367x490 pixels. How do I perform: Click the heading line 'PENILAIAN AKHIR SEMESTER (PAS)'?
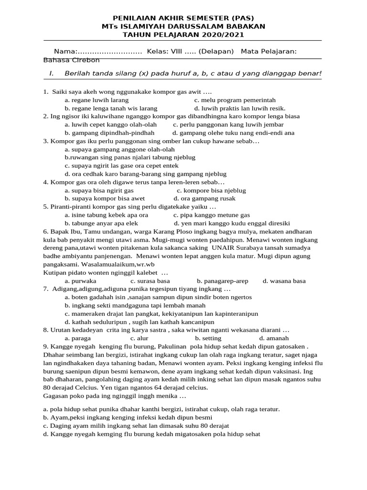pos(183,17)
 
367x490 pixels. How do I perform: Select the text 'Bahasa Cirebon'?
pos(71,60)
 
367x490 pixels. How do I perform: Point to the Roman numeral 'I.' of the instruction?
pos(52,73)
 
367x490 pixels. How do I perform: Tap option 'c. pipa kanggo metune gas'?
pos(211,215)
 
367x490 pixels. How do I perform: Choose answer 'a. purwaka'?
pos(81,281)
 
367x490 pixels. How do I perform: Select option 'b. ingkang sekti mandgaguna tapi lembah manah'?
pos(135,305)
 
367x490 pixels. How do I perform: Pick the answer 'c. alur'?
pos(140,338)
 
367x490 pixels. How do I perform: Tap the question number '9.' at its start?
pos(46,346)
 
